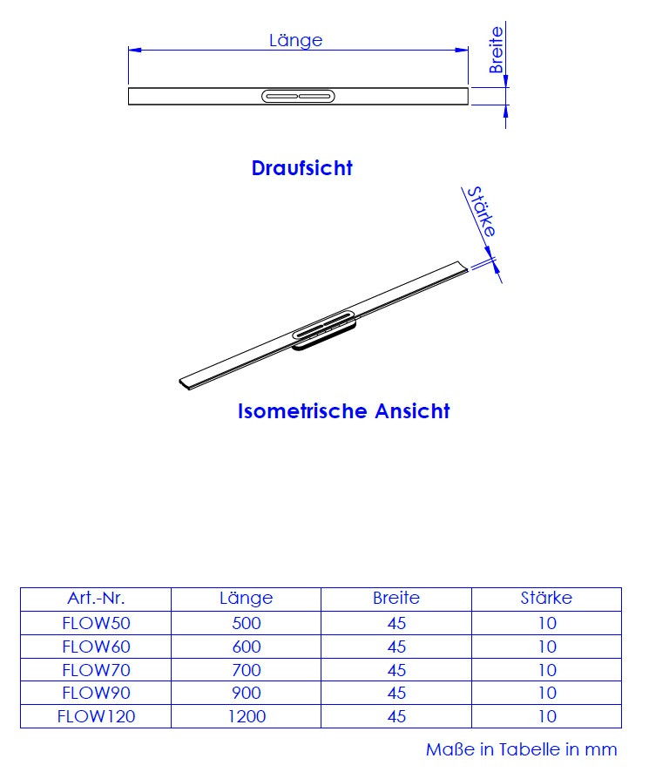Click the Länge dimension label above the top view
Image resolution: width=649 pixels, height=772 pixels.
[x=296, y=40]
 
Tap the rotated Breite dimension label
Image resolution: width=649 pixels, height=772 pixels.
[x=496, y=50]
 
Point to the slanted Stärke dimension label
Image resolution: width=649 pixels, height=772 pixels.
[x=482, y=212]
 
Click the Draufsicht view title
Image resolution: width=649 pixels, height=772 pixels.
[x=301, y=168]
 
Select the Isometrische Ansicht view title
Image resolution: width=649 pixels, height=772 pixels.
[x=343, y=411]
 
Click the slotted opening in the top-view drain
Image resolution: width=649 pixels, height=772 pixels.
[x=298, y=96]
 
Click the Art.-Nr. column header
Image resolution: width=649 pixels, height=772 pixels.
[x=96, y=599]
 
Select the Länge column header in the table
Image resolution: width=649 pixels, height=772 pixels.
[x=247, y=599]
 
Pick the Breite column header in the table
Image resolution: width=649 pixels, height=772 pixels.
[x=396, y=599]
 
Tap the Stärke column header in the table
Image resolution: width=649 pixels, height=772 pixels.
[x=546, y=599]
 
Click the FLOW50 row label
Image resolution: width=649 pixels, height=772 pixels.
[x=96, y=623]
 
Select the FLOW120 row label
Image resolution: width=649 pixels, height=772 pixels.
[x=96, y=717]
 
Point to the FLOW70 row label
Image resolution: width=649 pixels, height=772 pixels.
[x=96, y=670]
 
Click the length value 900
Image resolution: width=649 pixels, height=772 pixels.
[x=247, y=694]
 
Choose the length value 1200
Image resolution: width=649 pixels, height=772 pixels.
[x=247, y=717]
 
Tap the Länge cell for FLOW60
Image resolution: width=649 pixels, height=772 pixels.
[x=247, y=647]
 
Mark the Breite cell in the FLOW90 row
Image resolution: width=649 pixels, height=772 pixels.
[x=396, y=694]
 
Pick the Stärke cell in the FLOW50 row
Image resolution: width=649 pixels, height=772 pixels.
[x=546, y=623]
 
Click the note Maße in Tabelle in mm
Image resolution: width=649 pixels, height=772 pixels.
[x=521, y=749]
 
